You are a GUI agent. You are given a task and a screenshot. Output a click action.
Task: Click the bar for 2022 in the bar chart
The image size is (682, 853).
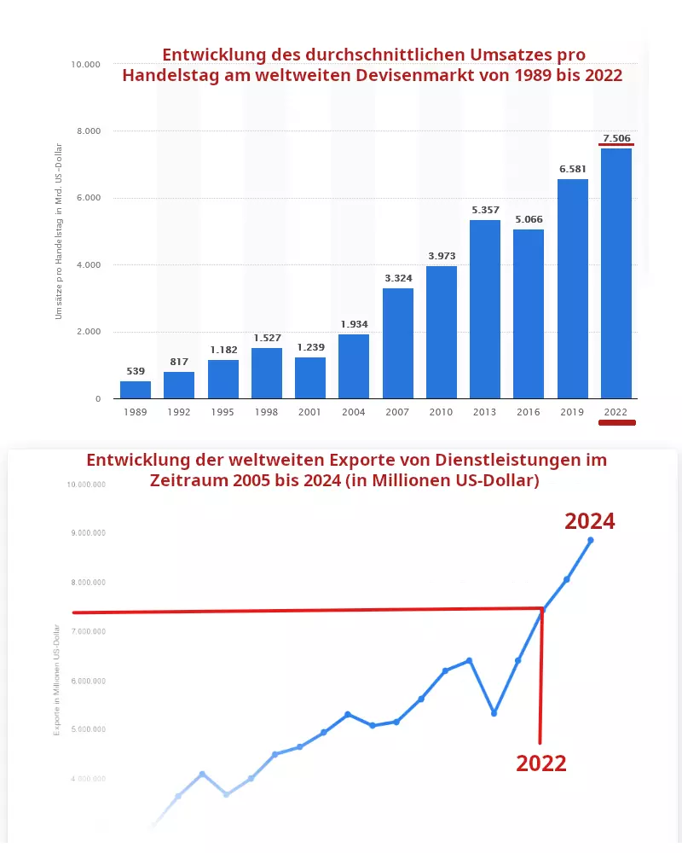[x=616, y=273]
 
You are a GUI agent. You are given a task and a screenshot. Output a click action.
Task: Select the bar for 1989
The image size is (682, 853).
[x=136, y=390]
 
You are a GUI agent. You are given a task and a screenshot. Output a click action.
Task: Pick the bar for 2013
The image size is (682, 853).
[x=485, y=309]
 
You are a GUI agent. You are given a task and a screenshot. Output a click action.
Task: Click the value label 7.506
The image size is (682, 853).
[x=616, y=137]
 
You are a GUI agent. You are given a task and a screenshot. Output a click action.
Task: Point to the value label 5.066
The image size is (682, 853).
[x=529, y=219]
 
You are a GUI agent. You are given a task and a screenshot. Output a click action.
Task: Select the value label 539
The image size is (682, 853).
[x=136, y=371]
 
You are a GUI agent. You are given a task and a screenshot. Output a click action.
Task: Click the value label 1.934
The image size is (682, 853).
[x=354, y=324]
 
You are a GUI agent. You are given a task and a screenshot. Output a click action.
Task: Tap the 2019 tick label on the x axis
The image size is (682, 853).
[x=572, y=412]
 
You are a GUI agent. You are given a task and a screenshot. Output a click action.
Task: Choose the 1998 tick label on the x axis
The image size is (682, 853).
[x=266, y=412]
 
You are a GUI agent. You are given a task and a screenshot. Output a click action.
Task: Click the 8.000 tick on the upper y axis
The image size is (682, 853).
[x=85, y=131]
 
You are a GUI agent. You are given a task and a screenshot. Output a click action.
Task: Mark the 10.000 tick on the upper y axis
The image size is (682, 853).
[x=84, y=64]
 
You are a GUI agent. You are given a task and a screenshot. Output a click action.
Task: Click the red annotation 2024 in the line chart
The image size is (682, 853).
[x=590, y=521]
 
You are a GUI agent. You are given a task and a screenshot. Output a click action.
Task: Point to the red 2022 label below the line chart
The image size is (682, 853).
[x=540, y=763]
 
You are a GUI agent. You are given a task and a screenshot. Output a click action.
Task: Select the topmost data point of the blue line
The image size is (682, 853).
[x=590, y=540]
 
